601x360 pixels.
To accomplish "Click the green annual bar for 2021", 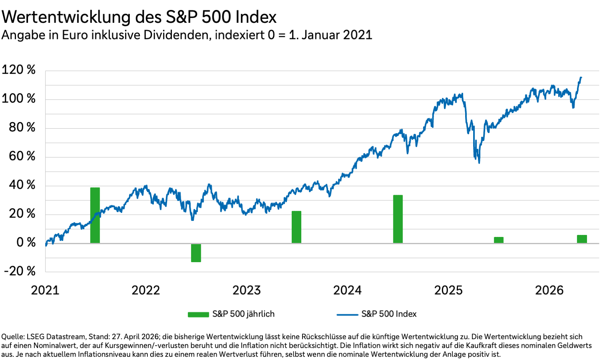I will (95, 215).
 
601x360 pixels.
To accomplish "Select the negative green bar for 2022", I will (196, 253).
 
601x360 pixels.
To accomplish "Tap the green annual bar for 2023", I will (296, 227).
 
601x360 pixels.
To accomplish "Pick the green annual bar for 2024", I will (398, 219).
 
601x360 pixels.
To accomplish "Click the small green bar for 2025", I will (498, 240).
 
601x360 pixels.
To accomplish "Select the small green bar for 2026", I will (582, 239).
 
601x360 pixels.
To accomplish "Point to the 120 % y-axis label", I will (18, 70).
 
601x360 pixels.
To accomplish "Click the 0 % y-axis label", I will (26, 243).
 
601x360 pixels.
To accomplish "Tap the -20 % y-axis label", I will (20, 271).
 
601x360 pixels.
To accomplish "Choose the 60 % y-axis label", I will (22, 156).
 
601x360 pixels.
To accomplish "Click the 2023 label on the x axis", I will (246, 290).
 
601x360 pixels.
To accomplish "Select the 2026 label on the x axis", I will (549, 290).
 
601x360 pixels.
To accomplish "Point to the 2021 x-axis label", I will (45, 290).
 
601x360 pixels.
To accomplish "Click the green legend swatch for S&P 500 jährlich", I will (198, 315).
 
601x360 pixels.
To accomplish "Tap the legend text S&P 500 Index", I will (389, 314).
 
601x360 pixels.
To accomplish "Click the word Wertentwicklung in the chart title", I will (67, 17).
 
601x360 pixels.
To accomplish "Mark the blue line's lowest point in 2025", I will (479, 162).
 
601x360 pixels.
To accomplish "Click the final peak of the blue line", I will (581, 77).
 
